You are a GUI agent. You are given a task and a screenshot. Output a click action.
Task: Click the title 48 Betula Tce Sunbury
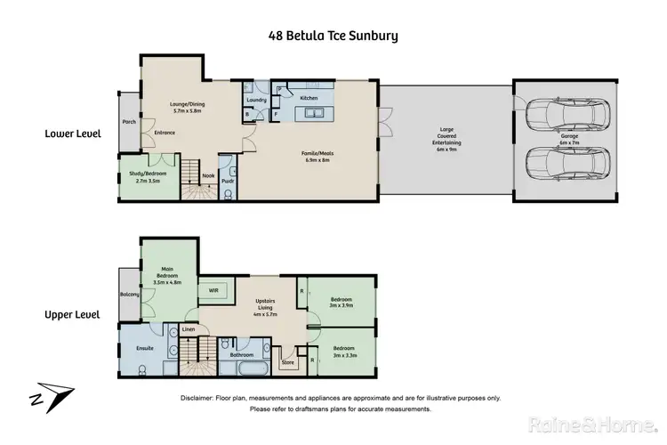click(x=333, y=36)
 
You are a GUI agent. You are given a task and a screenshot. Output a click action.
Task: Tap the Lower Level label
click(x=73, y=134)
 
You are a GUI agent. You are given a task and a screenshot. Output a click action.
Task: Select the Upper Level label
click(x=73, y=314)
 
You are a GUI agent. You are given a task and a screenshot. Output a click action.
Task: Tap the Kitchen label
click(x=309, y=97)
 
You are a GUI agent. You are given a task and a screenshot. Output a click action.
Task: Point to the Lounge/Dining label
click(x=187, y=107)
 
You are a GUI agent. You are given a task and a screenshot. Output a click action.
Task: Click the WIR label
click(x=213, y=290)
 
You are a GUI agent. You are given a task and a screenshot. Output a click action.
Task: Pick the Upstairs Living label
click(x=266, y=310)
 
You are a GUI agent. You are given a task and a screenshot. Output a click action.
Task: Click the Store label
click(x=287, y=362)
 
